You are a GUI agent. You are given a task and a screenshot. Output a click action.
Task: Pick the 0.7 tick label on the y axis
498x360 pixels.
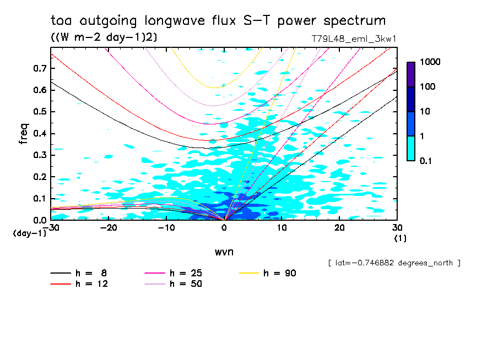pyautogui.click(x=38, y=68)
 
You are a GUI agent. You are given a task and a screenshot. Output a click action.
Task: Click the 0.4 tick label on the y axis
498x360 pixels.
pyautogui.click(x=38, y=133)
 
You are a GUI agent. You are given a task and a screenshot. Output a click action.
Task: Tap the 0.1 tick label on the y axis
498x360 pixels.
pyautogui.click(x=38, y=199)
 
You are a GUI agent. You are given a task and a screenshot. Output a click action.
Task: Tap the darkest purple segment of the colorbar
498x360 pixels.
pyautogui.click(x=411, y=74)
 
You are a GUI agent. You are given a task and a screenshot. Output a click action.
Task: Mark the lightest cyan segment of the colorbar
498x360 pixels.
pyautogui.click(x=411, y=148)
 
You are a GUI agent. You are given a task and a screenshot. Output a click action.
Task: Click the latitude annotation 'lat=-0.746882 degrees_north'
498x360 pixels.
pyautogui.click(x=394, y=263)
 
